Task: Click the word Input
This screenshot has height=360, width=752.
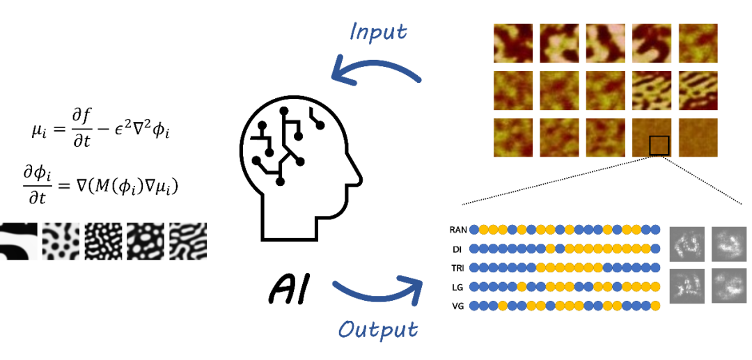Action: (379, 32)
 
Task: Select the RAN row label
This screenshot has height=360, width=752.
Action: (458, 230)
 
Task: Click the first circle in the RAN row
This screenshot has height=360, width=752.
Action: (474, 230)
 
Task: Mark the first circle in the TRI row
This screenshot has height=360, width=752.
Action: (474, 267)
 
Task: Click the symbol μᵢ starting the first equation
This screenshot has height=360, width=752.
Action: (38, 130)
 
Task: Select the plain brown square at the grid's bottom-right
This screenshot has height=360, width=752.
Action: (698, 138)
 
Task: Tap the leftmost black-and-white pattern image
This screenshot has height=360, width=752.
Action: (18, 241)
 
